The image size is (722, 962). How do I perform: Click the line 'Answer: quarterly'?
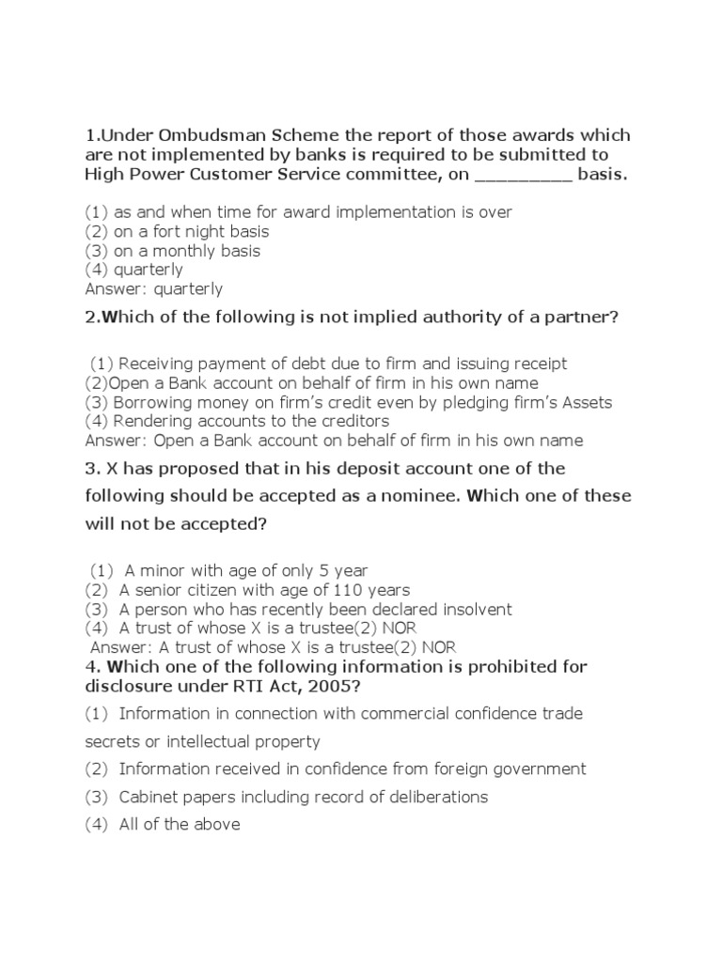(x=153, y=289)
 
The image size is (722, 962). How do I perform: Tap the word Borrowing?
(x=157, y=402)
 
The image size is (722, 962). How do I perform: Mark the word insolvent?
(x=475, y=610)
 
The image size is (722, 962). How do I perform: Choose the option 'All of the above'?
(x=179, y=825)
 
